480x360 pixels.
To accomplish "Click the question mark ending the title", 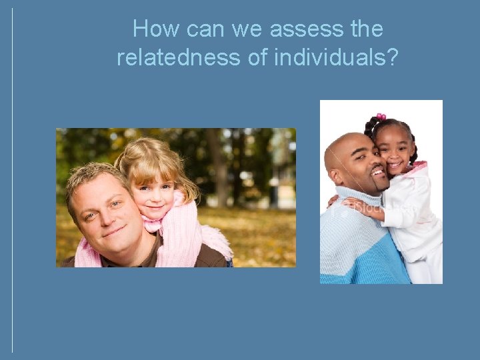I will [x=392, y=58].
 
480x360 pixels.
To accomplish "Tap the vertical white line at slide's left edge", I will [x=12, y=180].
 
